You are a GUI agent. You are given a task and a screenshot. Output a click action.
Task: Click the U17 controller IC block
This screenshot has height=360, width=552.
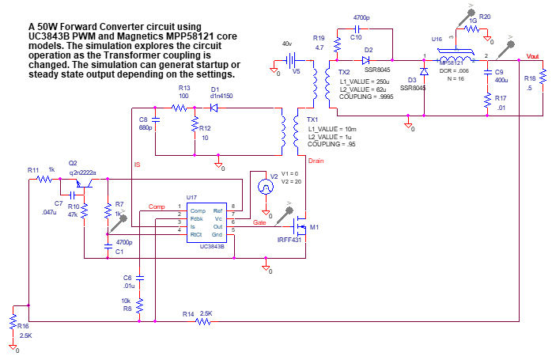(206, 223)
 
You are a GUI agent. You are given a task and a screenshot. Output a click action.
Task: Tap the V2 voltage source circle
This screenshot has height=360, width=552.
(267, 187)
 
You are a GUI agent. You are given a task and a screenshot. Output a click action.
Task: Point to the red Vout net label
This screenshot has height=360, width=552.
(534, 55)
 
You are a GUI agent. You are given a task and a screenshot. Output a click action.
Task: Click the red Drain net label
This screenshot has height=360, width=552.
(316, 161)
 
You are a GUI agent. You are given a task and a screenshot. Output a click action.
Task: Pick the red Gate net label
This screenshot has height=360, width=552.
(259, 222)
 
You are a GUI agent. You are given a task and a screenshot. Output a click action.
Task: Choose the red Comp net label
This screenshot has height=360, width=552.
(157, 207)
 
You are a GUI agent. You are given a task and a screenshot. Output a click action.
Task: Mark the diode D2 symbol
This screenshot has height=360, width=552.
(365, 60)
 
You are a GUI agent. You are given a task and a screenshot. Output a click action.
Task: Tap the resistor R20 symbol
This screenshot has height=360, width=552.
(336, 46)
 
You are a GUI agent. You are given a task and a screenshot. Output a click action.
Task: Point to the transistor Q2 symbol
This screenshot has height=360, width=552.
(85, 182)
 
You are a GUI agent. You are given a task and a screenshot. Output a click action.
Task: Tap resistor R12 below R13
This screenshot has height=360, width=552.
(194, 125)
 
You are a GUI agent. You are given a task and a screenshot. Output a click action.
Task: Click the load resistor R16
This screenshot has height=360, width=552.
(543, 77)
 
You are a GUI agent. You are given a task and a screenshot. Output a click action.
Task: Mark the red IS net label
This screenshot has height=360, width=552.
(138, 165)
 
